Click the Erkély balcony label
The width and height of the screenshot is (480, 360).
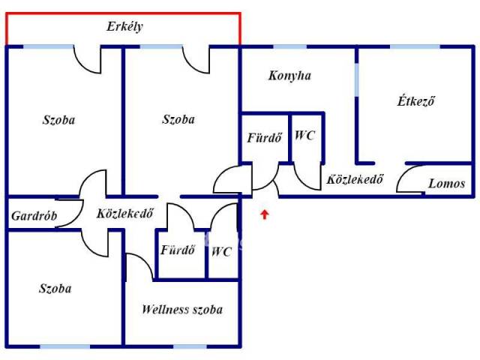tap(124, 27)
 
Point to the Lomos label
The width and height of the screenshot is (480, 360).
tap(446, 183)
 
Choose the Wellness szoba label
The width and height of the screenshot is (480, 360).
tap(182, 309)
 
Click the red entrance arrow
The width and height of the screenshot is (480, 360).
tap(264, 216)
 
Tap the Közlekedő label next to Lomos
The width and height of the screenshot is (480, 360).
tap(355, 180)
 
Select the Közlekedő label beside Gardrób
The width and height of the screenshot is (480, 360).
tap(125, 213)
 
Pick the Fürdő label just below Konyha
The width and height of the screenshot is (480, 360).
tap(264, 137)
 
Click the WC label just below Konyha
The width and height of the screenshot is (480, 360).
tap(304, 136)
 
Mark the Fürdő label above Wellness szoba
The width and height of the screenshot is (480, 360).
tap(178, 250)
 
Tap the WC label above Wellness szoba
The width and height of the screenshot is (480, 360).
tap(221, 251)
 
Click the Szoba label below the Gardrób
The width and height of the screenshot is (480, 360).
tap(57, 288)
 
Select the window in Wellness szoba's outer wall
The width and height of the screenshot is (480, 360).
tap(190, 346)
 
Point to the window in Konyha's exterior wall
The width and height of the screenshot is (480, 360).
tap(284, 47)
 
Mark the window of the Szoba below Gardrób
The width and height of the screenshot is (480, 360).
tap(64, 346)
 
